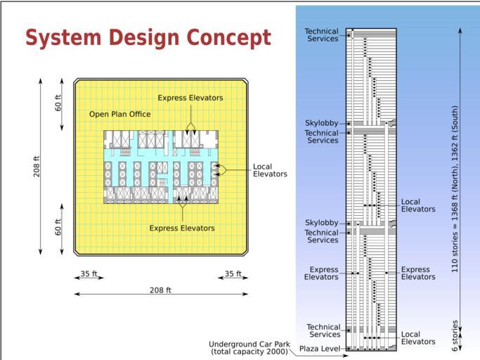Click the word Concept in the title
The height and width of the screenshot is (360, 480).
click(228, 38)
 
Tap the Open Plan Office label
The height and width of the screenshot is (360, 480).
click(120, 115)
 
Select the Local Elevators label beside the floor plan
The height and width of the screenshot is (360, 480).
click(270, 170)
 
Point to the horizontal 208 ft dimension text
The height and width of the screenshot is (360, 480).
click(160, 290)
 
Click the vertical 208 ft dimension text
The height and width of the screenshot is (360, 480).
click(37, 167)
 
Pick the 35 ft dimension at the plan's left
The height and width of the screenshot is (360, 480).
click(89, 274)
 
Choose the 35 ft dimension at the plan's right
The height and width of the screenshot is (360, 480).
click(233, 274)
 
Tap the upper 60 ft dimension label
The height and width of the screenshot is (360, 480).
click(58, 103)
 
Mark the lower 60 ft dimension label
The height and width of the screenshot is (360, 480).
click(58, 227)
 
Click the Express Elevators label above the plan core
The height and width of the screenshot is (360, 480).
click(190, 98)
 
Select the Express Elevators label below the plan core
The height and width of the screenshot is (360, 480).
click(182, 228)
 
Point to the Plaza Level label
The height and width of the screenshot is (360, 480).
click(320, 349)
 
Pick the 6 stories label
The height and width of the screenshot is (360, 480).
click(455, 335)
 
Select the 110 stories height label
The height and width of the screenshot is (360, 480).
click(455, 189)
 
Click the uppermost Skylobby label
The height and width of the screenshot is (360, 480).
click(321, 123)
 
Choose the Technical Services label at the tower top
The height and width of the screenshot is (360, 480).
click(321, 35)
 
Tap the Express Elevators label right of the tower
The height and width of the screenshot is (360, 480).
click(418, 273)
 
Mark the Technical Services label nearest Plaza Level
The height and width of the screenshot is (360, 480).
click(323, 330)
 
